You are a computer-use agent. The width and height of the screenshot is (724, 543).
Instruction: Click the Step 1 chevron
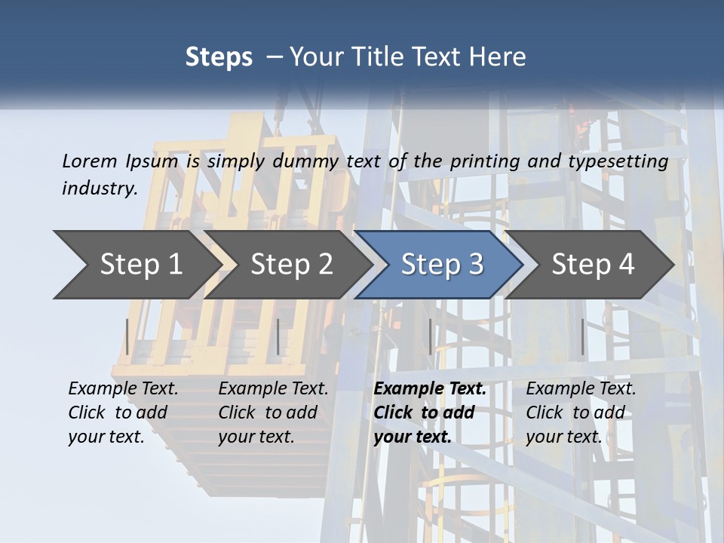(x=140, y=264)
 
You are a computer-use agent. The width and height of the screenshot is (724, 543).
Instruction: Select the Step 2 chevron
(x=291, y=264)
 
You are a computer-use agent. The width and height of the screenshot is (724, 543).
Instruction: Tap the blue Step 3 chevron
(x=442, y=264)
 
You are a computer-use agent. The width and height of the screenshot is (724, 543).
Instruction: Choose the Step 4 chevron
(x=593, y=264)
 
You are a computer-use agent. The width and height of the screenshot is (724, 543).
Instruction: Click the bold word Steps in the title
(x=219, y=57)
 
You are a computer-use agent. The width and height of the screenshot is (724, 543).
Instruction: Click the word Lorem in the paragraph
(x=88, y=161)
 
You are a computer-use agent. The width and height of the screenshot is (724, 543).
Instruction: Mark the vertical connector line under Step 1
(x=127, y=336)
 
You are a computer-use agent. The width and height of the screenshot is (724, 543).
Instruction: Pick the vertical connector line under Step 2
(x=278, y=336)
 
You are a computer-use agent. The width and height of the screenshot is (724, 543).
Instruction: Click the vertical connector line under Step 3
(x=431, y=336)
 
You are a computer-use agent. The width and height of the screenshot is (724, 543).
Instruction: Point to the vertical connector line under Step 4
(x=582, y=336)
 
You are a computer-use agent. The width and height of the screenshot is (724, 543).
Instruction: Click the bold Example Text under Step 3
(x=430, y=388)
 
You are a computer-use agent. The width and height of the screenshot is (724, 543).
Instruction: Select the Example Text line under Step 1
(x=123, y=388)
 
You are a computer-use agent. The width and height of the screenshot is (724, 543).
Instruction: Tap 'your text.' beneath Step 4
(x=563, y=437)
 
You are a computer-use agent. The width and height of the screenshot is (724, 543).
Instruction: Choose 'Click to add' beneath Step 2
(x=268, y=413)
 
